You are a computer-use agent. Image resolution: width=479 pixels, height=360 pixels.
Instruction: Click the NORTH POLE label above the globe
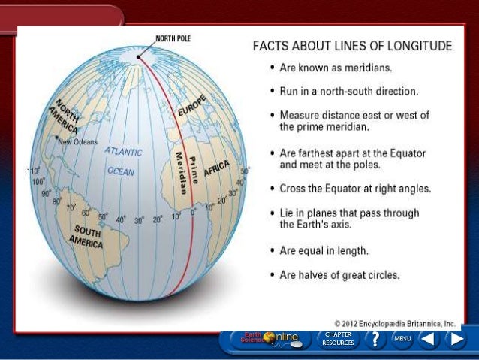(172, 38)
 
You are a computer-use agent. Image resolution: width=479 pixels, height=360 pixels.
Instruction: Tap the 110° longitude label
(32, 171)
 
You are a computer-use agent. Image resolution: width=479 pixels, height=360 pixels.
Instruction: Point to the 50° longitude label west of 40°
(103, 217)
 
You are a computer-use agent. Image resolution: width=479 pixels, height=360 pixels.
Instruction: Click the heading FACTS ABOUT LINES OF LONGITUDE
(351, 47)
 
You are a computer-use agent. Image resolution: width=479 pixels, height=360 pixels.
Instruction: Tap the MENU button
(402, 339)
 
